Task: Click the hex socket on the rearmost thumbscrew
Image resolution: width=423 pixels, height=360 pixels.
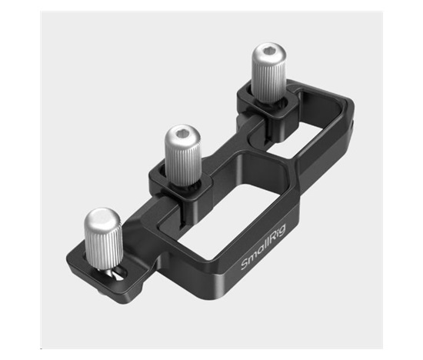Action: click(268, 55)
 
